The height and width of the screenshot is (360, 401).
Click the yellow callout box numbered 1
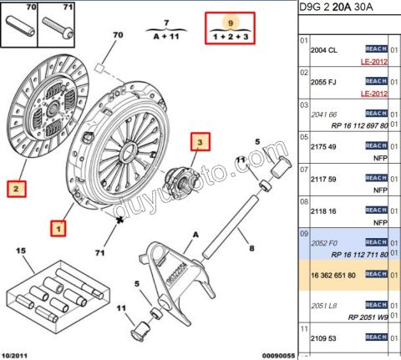coord(58,226)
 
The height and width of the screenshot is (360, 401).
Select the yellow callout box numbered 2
coord(16,189)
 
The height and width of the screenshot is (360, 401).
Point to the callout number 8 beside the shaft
coord(248,246)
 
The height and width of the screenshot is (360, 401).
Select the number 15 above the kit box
coord(22,251)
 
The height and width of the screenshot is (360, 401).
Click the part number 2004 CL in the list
coord(323,50)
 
